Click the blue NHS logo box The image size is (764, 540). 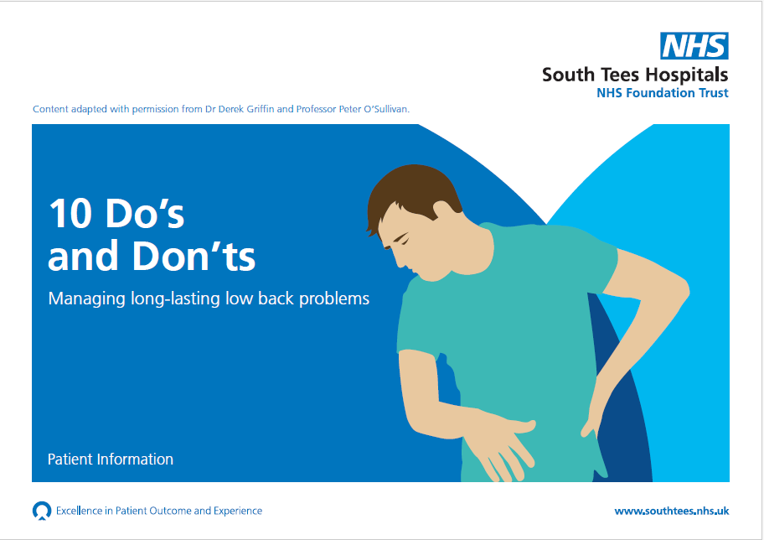(x=694, y=46)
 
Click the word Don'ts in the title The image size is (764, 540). (x=194, y=255)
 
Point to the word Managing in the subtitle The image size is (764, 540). (x=87, y=299)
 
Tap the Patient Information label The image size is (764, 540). (x=111, y=459)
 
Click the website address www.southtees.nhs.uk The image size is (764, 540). (x=672, y=511)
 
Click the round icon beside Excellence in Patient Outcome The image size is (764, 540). (x=42, y=511)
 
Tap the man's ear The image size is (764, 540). (x=442, y=210)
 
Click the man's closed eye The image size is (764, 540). (x=402, y=238)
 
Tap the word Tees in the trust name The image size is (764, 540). (x=618, y=75)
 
